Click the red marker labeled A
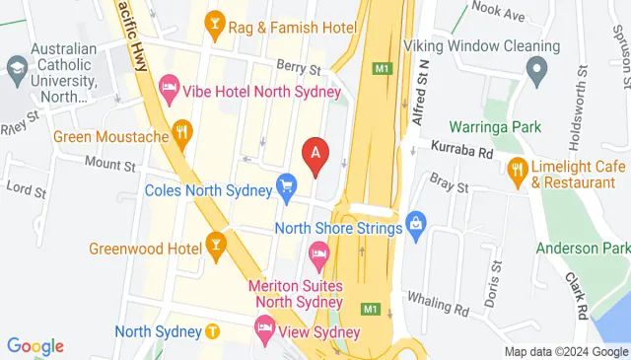click(315, 154)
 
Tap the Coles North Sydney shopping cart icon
click(287, 185)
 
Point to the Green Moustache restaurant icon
click(181, 130)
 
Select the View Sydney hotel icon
click(265, 325)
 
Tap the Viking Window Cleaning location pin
click(536, 69)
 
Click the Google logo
click(35, 346)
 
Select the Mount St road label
click(108, 163)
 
